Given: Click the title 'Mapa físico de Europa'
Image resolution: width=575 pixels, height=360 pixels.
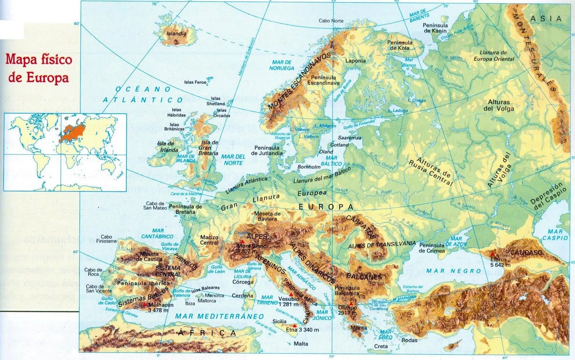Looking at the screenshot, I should tap(38, 69).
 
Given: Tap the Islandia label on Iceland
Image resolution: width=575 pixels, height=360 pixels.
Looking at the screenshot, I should tap(177, 34).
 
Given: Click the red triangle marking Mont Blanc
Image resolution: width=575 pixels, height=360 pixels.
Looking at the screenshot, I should tap(243, 241).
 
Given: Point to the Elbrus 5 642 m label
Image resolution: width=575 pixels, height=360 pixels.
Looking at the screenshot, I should tap(500, 262).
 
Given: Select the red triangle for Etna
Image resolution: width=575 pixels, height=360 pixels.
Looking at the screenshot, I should tap(295, 325).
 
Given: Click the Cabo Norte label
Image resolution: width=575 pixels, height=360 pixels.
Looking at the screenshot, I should tap(331, 21).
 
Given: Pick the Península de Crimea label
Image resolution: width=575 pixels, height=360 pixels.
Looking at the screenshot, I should tap(432, 248).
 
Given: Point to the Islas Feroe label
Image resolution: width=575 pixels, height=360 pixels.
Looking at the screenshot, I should tap(195, 82).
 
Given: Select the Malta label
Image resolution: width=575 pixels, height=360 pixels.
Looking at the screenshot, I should tap(301, 344).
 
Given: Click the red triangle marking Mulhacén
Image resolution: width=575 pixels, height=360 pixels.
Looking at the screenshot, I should tap(144, 305).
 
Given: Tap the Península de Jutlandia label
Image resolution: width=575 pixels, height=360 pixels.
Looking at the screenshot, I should tap(268, 150).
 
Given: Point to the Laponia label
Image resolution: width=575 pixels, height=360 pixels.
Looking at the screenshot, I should tap(355, 61).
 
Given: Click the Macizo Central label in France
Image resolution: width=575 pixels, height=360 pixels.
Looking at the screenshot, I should tap(209, 240).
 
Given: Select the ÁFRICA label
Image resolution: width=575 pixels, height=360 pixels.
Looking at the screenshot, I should tap(206, 333).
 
